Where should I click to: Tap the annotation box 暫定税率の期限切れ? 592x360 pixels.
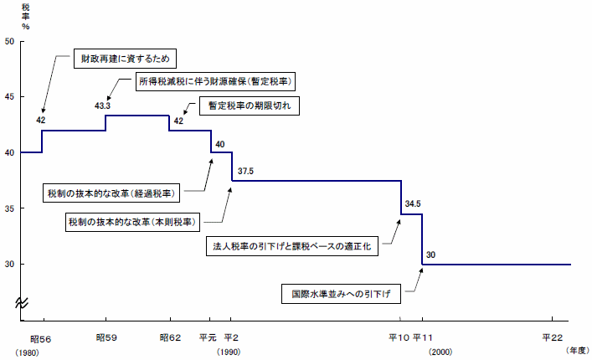[247, 106]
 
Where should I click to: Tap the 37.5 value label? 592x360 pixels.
[245, 171]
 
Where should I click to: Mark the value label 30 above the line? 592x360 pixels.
[431, 255]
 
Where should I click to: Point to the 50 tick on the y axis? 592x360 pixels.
[9, 41]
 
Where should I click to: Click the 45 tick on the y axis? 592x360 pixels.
[9, 97]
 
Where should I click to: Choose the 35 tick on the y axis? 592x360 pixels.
[9, 208]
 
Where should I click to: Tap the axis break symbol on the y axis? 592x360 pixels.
[21, 305]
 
